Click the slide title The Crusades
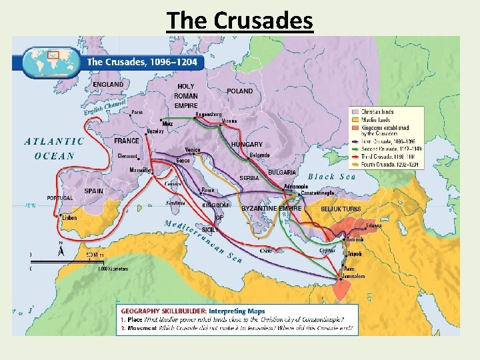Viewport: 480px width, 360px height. (x=240, y=21)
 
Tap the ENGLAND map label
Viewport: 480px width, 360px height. (x=108, y=85)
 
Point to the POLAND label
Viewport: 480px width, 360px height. (x=240, y=91)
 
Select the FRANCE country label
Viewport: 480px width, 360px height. (x=127, y=141)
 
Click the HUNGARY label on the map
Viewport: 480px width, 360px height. (x=247, y=145)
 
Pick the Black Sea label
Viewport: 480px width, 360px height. (x=331, y=177)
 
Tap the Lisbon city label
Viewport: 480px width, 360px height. (x=69, y=218)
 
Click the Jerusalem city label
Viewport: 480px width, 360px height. (x=353, y=276)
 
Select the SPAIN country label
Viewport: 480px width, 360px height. (x=94, y=191)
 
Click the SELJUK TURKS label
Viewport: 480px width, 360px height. (x=341, y=209)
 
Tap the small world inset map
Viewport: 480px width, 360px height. (x=50, y=61)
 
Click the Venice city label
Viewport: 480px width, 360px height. (x=193, y=151)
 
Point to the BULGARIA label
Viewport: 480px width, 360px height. (x=282, y=172)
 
